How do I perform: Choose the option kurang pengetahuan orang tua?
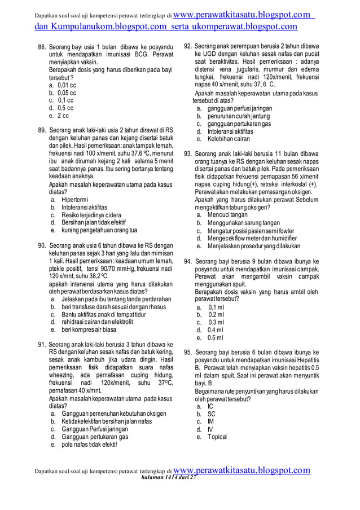pos(99,230)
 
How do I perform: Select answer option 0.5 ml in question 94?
pos(215,338)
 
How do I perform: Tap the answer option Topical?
pos(217,437)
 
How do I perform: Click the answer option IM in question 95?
pos(210,421)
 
